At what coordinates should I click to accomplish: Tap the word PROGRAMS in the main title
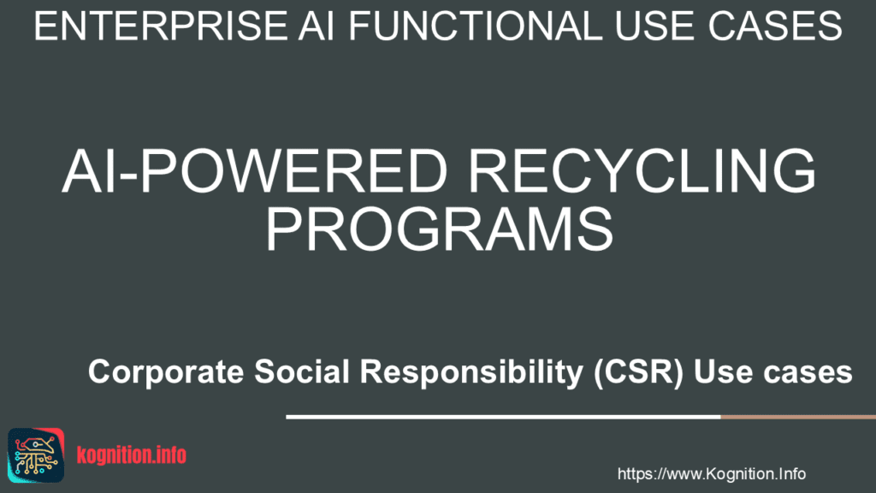pyautogui.click(x=439, y=229)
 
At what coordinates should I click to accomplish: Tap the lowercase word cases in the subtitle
pyautogui.click(x=808, y=373)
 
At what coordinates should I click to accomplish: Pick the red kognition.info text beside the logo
pyautogui.click(x=131, y=454)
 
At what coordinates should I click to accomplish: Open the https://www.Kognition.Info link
pyautogui.click(x=711, y=473)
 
